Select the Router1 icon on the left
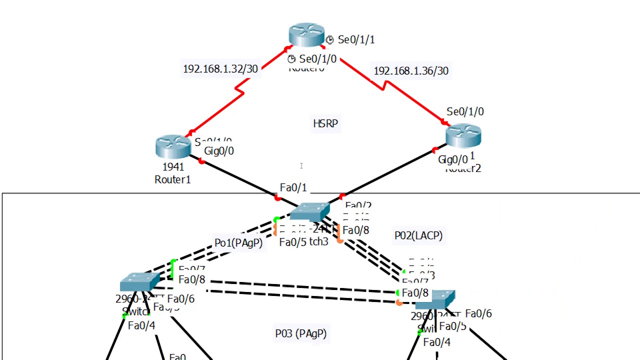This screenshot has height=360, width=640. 173,146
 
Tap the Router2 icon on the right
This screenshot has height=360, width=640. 463,135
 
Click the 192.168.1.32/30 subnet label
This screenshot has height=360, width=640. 220,69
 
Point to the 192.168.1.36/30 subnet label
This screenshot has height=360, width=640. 411,71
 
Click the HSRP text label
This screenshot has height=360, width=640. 325,123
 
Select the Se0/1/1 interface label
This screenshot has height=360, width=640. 356,40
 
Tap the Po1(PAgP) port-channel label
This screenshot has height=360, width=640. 238,243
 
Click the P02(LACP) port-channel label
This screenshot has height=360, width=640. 418,235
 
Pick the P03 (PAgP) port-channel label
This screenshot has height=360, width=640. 300,333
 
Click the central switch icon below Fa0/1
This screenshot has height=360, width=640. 309,211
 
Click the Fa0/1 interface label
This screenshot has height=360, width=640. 293,188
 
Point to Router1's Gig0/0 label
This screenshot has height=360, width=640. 219,151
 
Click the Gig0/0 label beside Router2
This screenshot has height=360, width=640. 453,160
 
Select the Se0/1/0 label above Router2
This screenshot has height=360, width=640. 465,112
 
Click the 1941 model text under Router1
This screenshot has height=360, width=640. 173,167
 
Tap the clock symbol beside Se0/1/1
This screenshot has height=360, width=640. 329,40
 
